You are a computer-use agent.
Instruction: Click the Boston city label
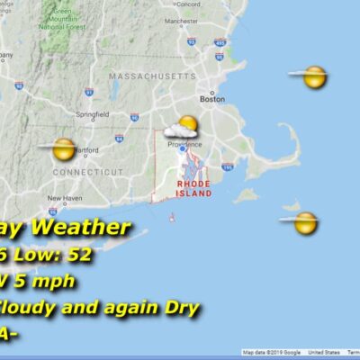pos(212,99)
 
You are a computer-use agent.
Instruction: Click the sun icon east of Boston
pos(312,77)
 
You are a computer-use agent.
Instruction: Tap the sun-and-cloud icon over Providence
pos(184,130)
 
